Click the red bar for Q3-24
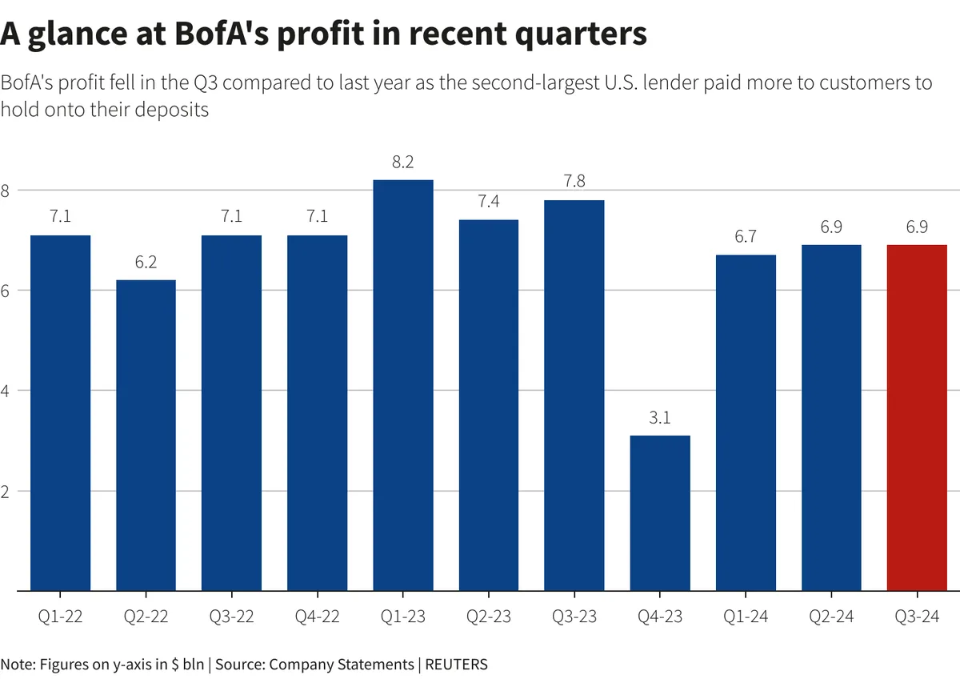pos(917,417)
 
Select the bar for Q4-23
pos(660,512)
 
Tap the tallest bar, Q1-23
pos(403,385)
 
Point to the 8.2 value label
pos(403,163)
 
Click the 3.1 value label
pos(660,418)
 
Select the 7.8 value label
pos(574,183)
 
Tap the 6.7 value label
pos(746,238)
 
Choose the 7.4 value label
pos(489,203)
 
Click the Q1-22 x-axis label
pos(60,617)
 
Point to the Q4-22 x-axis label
pos(318,617)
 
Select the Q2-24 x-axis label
pos(831,617)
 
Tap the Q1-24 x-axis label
pos(746,617)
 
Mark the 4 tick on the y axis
pos(5,391)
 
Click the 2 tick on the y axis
pos(5,491)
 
